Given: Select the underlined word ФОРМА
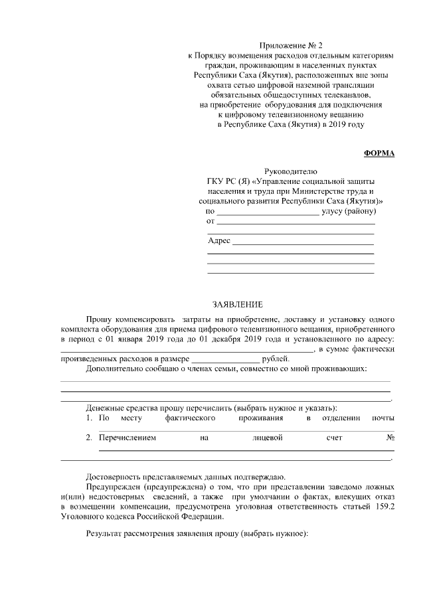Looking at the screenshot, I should [379, 153].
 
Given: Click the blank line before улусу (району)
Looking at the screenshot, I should [268, 212].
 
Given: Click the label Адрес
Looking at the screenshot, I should [219, 240].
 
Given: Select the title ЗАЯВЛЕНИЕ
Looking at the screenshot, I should [237, 304].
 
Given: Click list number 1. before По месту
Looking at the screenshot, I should [89, 418].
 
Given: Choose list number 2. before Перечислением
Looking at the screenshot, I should [89, 438].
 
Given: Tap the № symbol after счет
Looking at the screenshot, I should [390, 438].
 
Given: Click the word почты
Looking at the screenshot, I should [383, 418].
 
